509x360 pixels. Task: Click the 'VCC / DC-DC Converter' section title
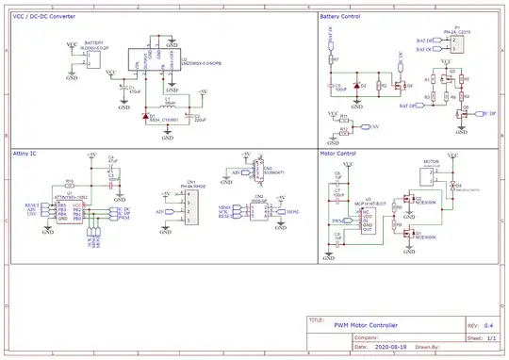point(44,16)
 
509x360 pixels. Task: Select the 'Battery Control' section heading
point(340,16)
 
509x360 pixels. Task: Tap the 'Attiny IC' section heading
point(25,151)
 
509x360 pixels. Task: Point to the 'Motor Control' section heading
point(337,151)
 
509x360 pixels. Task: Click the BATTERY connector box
point(91,58)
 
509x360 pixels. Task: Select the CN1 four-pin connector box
point(191,205)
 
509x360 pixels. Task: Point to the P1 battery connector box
point(455,41)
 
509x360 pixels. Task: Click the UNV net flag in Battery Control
point(374,125)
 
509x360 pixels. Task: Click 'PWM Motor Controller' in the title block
point(366,324)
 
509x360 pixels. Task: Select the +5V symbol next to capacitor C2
point(203,93)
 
